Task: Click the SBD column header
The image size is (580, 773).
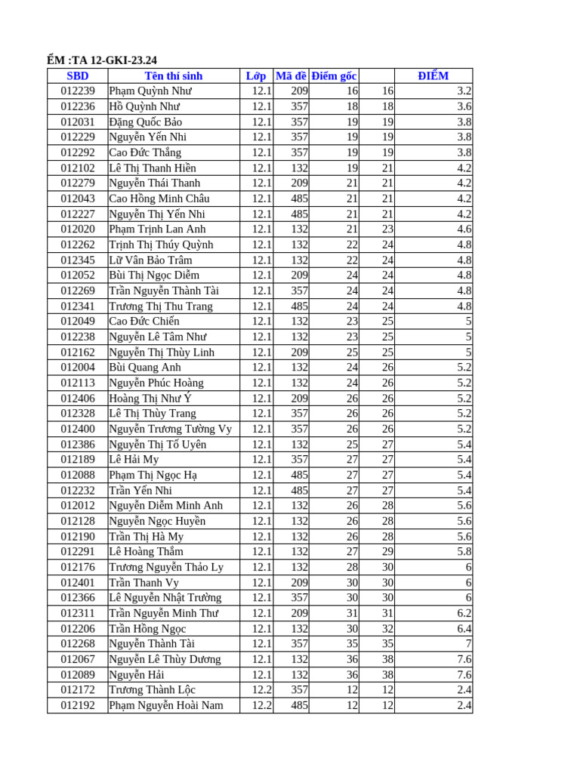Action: click(x=77, y=75)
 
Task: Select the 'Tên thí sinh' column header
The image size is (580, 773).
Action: click(x=174, y=75)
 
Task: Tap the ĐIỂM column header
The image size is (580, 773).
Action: click(x=433, y=75)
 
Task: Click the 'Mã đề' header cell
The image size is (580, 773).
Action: click(x=291, y=75)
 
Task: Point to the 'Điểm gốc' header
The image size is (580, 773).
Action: click(x=334, y=75)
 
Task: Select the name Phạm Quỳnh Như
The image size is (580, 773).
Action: click(x=150, y=91)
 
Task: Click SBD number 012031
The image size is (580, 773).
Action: click(x=78, y=122)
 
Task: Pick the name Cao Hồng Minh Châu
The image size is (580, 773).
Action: click(x=159, y=199)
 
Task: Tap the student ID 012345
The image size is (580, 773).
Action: click(x=78, y=260)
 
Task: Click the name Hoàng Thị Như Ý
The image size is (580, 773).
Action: click(x=150, y=398)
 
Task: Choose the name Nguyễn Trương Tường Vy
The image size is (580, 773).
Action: click(x=171, y=429)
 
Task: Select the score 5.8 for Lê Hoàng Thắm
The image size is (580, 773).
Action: click(x=464, y=552)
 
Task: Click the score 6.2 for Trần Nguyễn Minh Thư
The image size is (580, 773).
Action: click(x=464, y=613)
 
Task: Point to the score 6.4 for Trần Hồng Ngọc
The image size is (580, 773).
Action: click(x=464, y=629)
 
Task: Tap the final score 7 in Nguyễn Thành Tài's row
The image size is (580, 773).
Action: click(x=468, y=644)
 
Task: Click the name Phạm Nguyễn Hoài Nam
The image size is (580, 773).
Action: click(x=166, y=705)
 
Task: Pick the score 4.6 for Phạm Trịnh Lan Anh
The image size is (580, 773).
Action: click(x=464, y=229)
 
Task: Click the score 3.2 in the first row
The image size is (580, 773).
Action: click(x=464, y=91)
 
